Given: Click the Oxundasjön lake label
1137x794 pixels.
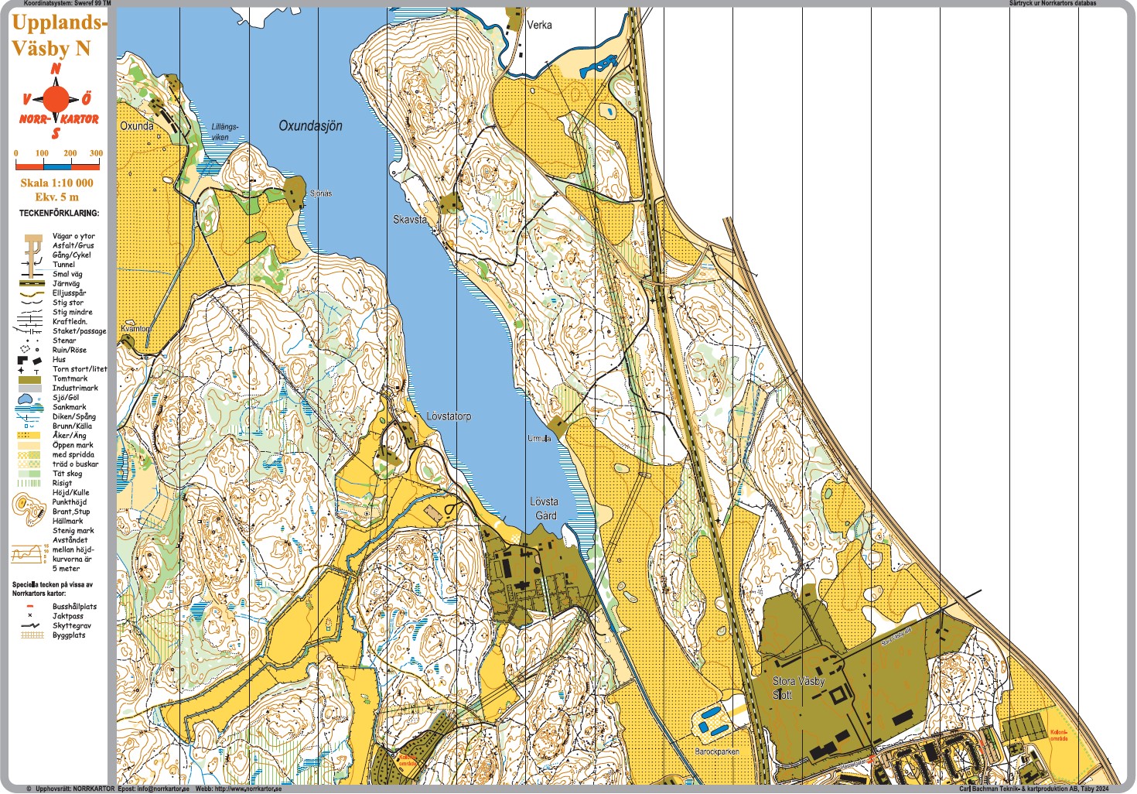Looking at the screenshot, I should click(x=310, y=125).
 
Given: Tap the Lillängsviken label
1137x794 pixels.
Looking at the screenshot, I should click(x=224, y=132).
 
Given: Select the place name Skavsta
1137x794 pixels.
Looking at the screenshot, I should click(x=409, y=220).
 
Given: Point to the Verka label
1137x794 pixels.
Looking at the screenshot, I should click(x=539, y=25).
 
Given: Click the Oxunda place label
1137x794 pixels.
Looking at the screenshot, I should click(x=136, y=125).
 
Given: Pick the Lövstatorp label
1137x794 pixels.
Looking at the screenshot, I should click(x=449, y=416).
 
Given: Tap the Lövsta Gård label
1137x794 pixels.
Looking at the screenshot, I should click(x=545, y=508).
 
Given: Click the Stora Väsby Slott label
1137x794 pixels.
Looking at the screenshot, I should click(x=798, y=688).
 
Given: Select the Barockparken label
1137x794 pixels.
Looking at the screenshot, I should click(x=717, y=751).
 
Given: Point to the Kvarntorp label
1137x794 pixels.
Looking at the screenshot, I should click(x=136, y=329).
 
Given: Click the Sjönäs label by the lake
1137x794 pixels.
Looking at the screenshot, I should click(x=321, y=193).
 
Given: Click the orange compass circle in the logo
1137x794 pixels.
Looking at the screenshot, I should click(x=56, y=99).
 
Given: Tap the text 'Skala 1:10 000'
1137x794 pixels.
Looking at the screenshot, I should click(x=56, y=183).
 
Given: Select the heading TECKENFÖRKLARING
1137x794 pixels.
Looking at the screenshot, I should click(x=59, y=213).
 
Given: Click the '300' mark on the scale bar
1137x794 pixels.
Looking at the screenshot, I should click(x=96, y=153).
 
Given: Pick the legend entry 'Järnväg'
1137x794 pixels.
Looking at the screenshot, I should click(x=66, y=284).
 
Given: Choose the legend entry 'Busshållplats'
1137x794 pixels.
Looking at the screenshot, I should click(x=74, y=607).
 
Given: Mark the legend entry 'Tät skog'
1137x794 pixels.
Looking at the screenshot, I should click(x=67, y=474).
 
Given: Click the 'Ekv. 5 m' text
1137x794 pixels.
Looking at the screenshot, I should click(x=56, y=197).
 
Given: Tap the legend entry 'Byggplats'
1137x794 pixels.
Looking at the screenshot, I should click(x=69, y=635).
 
